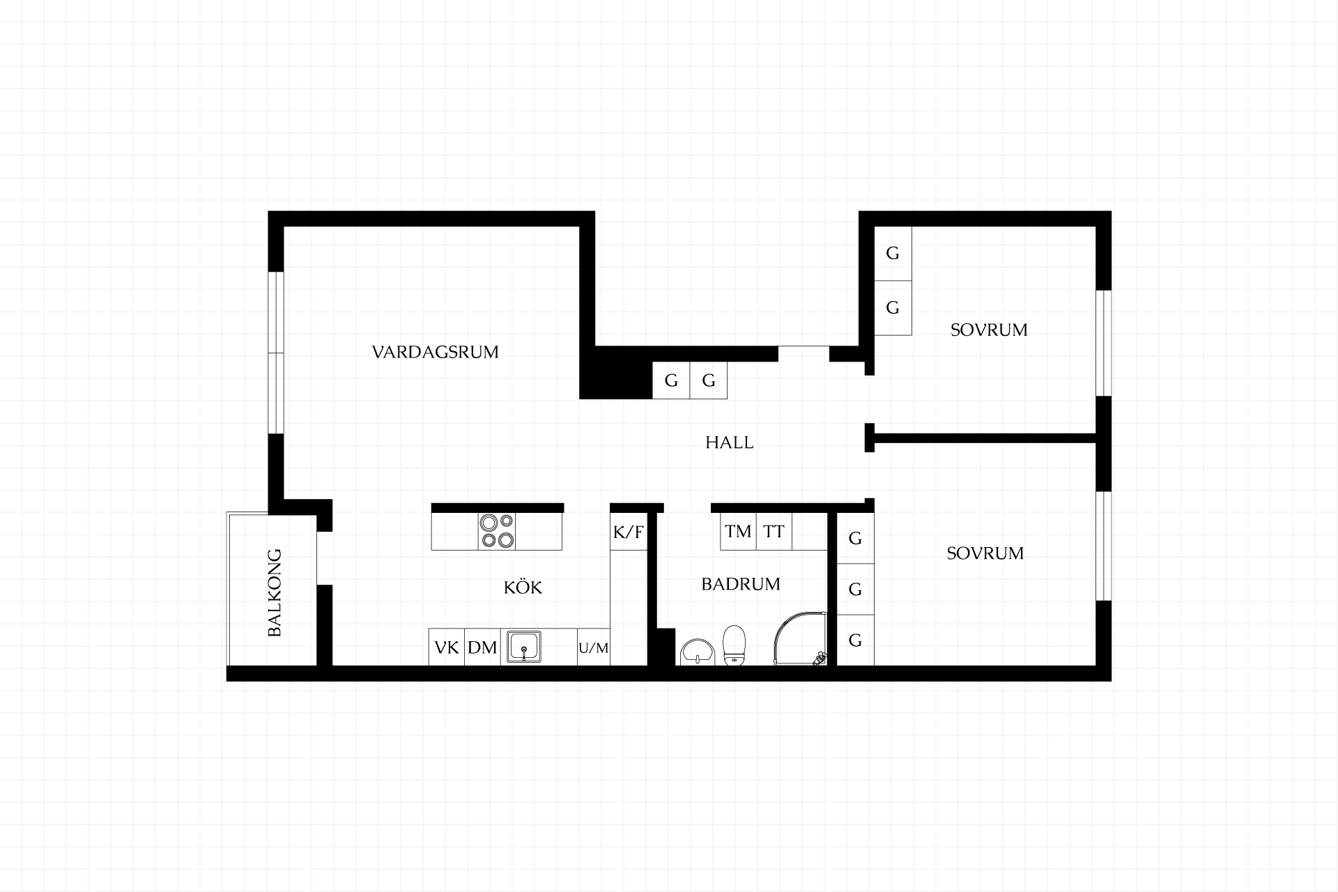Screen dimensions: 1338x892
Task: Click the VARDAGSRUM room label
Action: click(436, 352)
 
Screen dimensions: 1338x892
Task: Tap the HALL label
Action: click(730, 443)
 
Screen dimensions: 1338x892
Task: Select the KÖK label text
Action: click(523, 587)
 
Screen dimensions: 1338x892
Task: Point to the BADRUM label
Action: click(741, 584)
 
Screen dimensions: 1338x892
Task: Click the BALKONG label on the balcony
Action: click(275, 593)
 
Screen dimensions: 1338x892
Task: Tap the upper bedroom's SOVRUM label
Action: click(989, 330)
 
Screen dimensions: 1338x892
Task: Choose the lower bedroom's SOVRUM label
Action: click(985, 553)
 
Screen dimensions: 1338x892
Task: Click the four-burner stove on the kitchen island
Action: click(497, 531)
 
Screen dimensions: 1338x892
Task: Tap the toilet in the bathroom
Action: click(735, 646)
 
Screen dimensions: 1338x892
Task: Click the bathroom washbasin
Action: click(697, 652)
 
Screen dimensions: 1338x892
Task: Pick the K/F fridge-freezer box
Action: click(629, 532)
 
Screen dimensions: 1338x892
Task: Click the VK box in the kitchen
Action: click(447, 647)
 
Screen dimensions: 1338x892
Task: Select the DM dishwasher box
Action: click(482, 647)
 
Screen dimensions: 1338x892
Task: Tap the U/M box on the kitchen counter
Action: click(594, 647)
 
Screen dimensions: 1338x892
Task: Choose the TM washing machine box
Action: click(738, 532)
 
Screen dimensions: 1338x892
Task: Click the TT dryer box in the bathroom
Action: click(774, 532)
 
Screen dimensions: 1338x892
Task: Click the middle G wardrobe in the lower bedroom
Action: click(855, 589)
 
